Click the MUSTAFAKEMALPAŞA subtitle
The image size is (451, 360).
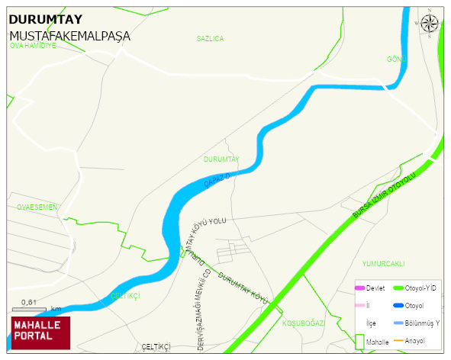pos(69,36)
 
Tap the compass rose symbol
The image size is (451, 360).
pos(430,24)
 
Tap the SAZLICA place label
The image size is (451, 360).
pos(210,38)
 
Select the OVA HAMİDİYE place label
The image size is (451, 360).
pos(33,46)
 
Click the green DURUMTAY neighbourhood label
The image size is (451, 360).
pos(222,159)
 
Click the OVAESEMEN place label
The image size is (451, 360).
pos(37,207)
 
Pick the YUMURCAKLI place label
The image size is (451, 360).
pos(383,263)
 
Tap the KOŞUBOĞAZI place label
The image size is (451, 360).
pos(304,323)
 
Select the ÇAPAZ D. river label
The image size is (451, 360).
pos(217,181)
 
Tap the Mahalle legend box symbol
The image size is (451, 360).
pos(359,342)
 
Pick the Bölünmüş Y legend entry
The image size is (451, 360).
pos(422,323)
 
